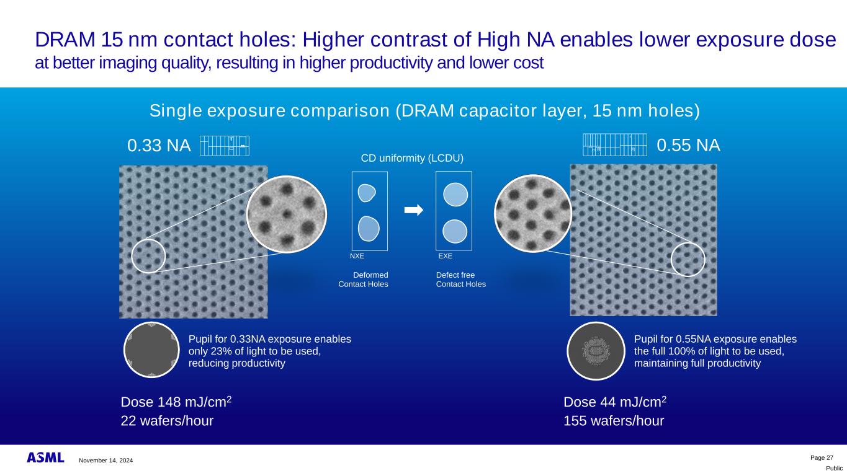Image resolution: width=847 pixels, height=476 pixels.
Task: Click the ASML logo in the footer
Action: click(x=45, y=457)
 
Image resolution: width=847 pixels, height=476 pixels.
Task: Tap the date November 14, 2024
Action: click(x=106, y=461)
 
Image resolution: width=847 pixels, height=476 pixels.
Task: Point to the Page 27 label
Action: click(x=822, y=458)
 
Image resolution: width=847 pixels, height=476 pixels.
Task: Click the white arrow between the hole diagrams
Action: click(x=414, y=210)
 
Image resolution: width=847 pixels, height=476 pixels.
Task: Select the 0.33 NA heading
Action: click(x=159, y=146)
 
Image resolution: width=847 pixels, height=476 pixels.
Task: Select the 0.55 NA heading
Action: click(x=688, y=145)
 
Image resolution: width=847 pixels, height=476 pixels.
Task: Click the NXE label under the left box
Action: click(x=357, y=256)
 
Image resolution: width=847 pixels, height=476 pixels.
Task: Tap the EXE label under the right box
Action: click(x=445, y=256)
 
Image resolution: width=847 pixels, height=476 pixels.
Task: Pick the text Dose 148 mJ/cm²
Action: click(x=176, y=402)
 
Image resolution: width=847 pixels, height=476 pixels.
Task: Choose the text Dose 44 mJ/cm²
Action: click(x=615, y=402)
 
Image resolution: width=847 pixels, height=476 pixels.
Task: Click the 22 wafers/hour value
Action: click(x=167, y=421)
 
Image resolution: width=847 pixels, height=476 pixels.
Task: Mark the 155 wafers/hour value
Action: click(x=614, y=421)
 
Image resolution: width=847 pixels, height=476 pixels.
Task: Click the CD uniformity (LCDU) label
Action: click(x=412, y=158)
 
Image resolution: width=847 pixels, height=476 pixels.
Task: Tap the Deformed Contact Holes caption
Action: click(x=363, y=280)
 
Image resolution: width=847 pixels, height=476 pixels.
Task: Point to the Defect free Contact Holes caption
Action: click(x=461, y=280)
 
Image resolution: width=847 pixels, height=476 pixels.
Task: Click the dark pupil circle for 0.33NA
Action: click(x=151, y=350)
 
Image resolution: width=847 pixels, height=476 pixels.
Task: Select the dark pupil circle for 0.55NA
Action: click(x=596, y=351)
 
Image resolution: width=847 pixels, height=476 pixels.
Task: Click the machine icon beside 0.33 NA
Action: click(x=225, y=146)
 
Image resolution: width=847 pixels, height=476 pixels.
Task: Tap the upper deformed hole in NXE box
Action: click(x=366, y=193)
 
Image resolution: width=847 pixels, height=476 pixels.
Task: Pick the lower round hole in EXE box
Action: click(x=455, y=231)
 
